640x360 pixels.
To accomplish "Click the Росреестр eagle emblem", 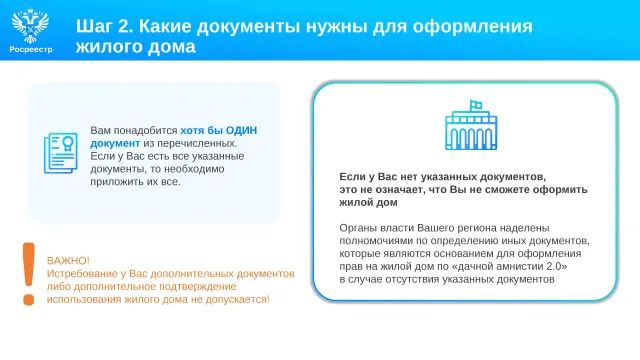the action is pos(31,25).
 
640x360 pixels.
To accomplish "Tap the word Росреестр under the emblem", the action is pos(31,49).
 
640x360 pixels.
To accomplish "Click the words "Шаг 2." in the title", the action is pos(104,26).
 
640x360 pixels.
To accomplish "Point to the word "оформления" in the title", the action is pos(472,27).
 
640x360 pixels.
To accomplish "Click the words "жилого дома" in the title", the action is pos(136,47).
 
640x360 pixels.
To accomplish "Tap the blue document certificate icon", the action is pos(60,153).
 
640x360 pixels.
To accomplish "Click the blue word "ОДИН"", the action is pos(241,131).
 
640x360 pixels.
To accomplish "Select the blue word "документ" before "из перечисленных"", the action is pos(115,144).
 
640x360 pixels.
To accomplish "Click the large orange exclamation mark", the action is pos(29,274).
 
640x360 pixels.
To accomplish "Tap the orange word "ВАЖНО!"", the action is pos(68,261).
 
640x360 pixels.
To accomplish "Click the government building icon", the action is pos(471,125).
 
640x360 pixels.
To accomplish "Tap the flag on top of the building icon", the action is pos(476,105).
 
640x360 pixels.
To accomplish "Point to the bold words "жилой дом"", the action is pos(368,202).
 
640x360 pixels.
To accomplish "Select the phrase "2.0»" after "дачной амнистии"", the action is pos(557,267).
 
